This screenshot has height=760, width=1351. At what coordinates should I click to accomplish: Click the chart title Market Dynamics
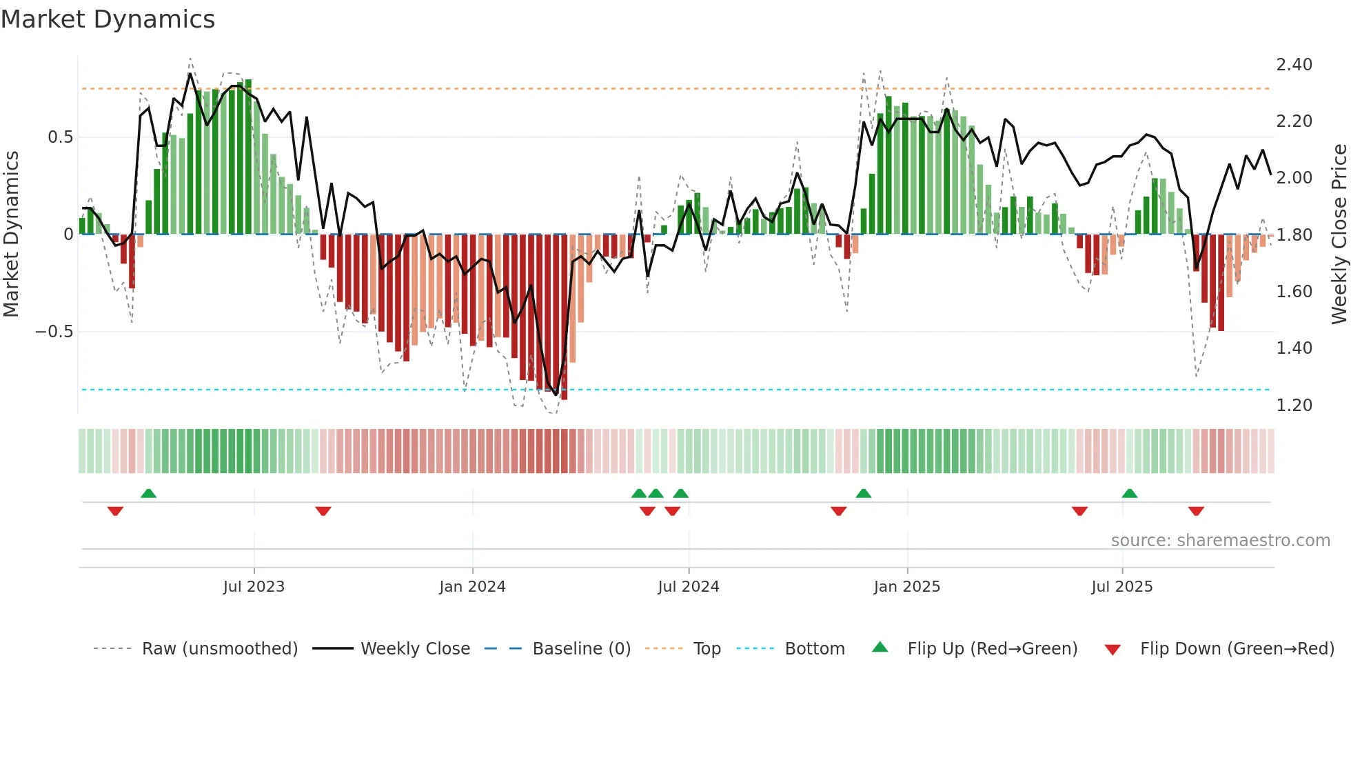108,19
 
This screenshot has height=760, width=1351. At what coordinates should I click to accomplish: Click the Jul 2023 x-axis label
254,587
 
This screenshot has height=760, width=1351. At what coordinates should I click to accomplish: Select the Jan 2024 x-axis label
472,587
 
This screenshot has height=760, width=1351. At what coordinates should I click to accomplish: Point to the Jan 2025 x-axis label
906,587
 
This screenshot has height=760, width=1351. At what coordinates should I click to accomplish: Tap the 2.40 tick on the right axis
1294,65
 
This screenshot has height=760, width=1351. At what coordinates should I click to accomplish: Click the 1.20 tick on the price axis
1294,406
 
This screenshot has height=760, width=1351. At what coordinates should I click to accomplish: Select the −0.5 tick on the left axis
54,332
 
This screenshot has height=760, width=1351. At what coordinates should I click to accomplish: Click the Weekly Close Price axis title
1339,234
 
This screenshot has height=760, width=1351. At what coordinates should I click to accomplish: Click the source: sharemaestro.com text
1220,541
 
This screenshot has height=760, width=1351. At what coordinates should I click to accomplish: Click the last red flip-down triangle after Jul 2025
1196,511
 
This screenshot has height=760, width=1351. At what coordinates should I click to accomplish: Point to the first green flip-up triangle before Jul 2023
148,493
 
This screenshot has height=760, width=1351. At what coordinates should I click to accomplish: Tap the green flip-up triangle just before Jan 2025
863,493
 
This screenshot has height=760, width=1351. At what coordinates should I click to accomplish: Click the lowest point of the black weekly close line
556,394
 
